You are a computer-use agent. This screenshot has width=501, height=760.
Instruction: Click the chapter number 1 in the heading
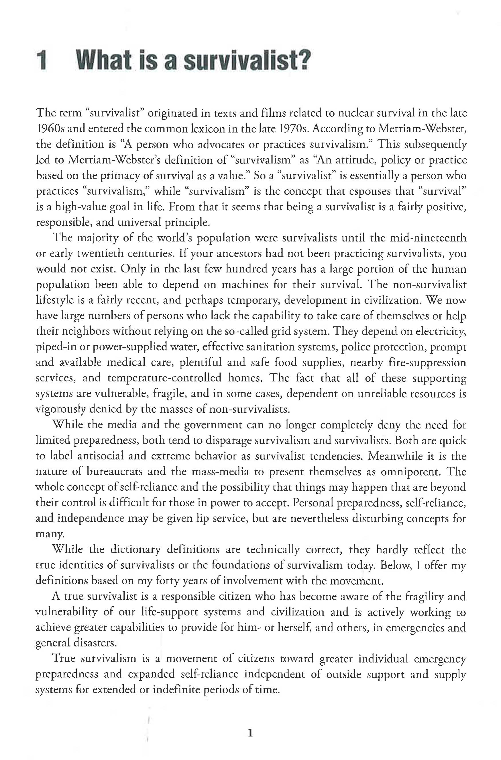tap(42, 61)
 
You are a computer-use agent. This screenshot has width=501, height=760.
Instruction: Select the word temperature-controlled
tap(164, 378)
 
